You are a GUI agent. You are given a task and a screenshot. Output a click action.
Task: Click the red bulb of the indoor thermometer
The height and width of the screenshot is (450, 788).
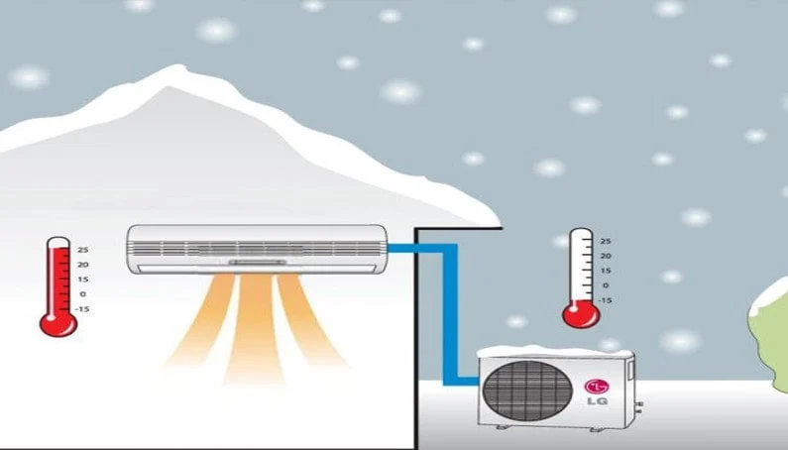tap(58, 324)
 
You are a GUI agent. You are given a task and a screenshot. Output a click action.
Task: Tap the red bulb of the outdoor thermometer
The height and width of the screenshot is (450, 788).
tap(581, 315)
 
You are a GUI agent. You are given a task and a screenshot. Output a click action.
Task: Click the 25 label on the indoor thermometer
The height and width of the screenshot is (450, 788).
tap(83, 250)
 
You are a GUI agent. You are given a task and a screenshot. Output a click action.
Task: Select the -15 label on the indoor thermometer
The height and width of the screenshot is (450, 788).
tap(82, 308)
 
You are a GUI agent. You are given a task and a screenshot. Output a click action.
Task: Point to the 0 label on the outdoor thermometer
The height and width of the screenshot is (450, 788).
tap(606, 285)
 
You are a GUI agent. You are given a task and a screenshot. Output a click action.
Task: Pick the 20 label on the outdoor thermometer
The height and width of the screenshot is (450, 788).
tap(606, 256)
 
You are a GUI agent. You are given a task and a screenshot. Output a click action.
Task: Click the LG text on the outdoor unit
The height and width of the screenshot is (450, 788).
tap(597, 400)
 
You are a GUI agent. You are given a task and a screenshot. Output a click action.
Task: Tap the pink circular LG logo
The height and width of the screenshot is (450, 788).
tap(597, 387)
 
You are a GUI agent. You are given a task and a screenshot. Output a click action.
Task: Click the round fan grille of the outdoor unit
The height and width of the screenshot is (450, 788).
tap(527, 392)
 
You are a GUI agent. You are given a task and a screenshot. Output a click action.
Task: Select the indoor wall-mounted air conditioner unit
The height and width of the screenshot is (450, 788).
tap(258, 250)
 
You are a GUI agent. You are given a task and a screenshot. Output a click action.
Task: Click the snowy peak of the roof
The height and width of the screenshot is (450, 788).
tap(176, 70)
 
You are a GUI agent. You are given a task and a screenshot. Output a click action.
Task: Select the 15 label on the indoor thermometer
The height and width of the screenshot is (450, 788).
tap(83, 280)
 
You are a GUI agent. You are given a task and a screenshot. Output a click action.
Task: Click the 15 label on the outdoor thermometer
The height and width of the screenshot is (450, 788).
tap(606, 271)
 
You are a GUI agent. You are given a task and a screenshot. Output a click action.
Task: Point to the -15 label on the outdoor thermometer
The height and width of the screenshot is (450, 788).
tap(605, 300)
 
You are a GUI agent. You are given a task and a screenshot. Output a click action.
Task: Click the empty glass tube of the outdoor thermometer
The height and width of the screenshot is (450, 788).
tap(581, 265)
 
